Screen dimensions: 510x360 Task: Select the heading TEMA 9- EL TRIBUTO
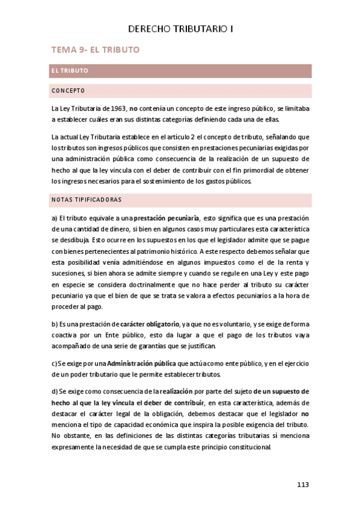pos(96,50)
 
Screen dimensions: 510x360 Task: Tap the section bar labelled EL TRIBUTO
pos(70,70)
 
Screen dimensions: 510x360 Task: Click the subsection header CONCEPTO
pos(68,91)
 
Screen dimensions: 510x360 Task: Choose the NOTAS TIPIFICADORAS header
pos(87,199)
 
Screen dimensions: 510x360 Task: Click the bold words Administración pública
pos(142,363)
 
